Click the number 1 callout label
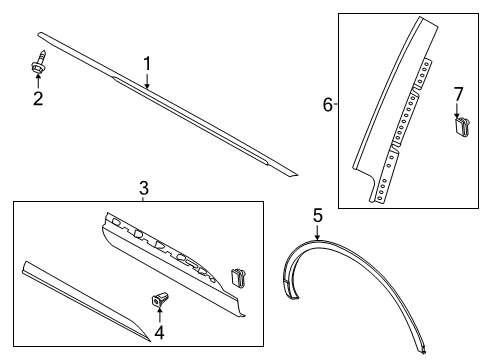[x=147, y=64]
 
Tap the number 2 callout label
[x=38, y=98]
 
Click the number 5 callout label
[x=317, y=214]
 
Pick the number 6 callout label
[x=326, y=103]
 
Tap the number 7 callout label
[x=459, y=94]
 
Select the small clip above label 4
[x=160, y=297]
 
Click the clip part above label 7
[x=461, y=126]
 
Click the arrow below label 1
[x=147, y=80]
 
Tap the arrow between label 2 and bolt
[x=38, y=81]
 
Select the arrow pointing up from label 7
[x=460, y=110]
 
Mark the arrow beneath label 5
[x=317, y=232]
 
